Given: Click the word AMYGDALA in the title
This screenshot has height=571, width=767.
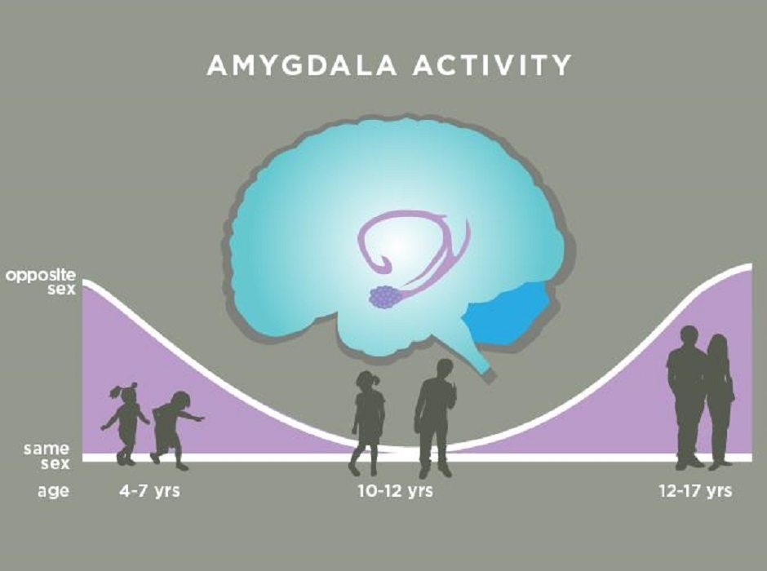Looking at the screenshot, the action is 302,65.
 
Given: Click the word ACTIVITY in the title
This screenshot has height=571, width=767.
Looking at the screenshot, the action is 492,65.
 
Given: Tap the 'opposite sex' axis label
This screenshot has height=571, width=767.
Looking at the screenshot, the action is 41,282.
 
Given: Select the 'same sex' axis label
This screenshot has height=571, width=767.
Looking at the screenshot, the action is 47,456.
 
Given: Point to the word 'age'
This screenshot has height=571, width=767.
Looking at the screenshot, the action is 53,491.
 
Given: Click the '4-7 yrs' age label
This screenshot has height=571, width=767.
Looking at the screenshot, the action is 149,490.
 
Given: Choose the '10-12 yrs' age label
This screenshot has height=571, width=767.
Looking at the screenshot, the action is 395,490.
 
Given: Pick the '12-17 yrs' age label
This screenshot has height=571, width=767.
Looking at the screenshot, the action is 695,490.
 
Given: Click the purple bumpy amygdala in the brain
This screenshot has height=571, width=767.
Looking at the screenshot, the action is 385,297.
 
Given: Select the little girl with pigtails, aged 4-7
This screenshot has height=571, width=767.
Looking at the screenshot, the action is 126,423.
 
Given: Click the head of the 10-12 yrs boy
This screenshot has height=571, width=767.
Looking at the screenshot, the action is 444,370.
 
